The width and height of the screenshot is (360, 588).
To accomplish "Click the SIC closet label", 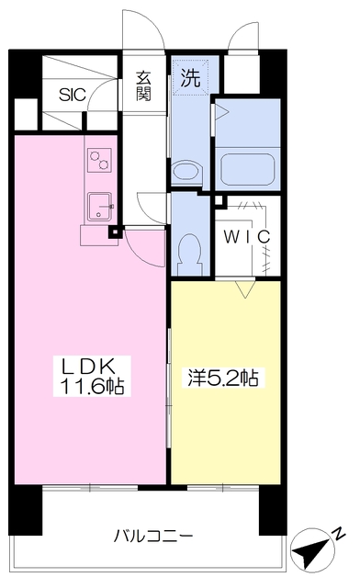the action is click(73, 95).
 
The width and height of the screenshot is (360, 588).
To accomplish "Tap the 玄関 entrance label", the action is click(143, 86).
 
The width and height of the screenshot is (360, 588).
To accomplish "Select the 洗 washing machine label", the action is click(190, 78).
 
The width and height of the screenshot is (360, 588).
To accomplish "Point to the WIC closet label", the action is click(247, 237).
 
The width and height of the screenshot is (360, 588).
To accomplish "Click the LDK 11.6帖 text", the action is click(92, 376).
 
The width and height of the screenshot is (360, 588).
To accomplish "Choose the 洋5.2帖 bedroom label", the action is click(223, 378).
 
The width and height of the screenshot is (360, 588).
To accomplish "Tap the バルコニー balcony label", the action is click(153, 536).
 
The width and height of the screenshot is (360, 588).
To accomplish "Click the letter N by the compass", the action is click(339, 533).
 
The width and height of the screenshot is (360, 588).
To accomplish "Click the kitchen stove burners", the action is click(100, 160).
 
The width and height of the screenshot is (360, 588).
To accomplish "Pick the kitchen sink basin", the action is click(100, 207).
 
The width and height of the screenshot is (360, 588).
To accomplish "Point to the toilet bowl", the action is click(189, 254).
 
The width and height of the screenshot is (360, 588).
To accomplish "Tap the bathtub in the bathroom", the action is click(248, 169).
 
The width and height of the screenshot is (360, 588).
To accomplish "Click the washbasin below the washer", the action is click(186, 173).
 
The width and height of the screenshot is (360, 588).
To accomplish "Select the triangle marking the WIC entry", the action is click(245, 288).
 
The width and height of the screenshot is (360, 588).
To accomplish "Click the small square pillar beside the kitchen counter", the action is click(115, 232).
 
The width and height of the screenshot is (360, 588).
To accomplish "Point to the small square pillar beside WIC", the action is click(220, 201).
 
